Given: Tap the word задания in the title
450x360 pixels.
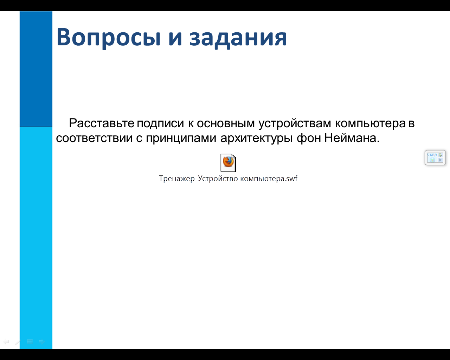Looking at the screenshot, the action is tap(238, 38).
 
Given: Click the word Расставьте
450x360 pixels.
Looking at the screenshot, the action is tap(102, 123).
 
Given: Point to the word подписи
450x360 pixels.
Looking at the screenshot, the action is tap(160, 123).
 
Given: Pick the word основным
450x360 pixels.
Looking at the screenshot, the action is tap(226, 123).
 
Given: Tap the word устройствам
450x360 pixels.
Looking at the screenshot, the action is tap(295, 123).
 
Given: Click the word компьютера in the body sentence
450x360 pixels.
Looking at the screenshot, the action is tap(370, 123).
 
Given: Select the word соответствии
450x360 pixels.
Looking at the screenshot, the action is tap(94, 138).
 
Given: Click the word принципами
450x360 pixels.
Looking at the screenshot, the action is tap(181, 139).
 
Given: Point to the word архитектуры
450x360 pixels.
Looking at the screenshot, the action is tap(256, 139).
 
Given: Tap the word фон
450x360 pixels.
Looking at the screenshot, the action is tap(309, 138).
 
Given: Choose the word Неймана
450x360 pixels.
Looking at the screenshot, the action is tap(352, 138).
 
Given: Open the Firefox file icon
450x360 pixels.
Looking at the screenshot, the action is tap(228, 163).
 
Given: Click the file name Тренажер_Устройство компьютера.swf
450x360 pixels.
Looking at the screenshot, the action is tap(228, 179).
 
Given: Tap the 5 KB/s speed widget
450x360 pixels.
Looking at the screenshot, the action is tap(435, 157).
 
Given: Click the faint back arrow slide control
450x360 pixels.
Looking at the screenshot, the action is tap(6, 342).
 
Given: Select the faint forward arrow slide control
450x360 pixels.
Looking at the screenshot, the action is tap(41, 342).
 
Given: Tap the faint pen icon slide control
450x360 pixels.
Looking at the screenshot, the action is tap(18, 342).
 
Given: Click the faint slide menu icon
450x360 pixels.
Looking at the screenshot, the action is tap(30, 342).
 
